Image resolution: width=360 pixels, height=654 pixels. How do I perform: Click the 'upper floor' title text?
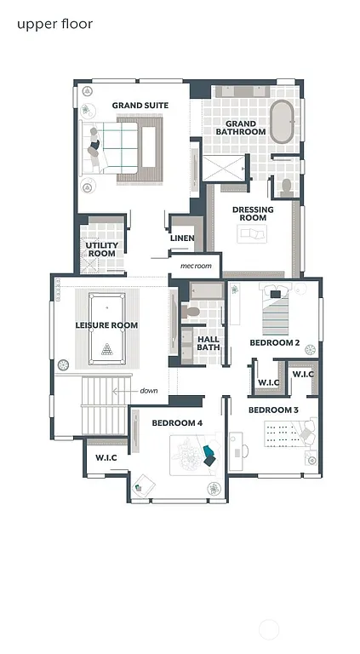point(54,24)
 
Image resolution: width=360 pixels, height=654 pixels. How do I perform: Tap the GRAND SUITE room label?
point(140,106)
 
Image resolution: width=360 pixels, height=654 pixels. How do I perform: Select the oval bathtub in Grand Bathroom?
point(281,122)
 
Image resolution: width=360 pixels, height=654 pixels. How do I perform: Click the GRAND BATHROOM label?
point(240,128)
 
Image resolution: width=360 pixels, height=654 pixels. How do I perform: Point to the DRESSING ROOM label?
point(253,213)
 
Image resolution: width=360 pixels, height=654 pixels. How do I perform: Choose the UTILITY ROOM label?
point(101,250)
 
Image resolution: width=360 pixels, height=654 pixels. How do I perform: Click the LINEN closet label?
point(183,238)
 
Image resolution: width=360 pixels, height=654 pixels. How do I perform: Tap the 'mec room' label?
point(195,266)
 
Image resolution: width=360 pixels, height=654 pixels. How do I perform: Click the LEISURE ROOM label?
point(106,325)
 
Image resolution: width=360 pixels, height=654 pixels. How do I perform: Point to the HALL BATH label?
point(209,342)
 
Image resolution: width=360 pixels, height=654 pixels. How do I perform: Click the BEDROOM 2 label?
point(274,342)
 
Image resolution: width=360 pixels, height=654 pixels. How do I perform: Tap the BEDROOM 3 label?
point(273,410)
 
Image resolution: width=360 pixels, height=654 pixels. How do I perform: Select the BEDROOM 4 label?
point(177,423)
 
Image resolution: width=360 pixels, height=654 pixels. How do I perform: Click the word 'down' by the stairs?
point(149,390)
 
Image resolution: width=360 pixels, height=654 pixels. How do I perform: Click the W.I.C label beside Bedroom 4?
point(106,457)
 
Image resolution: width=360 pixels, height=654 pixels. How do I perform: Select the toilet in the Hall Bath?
point(192,312)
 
